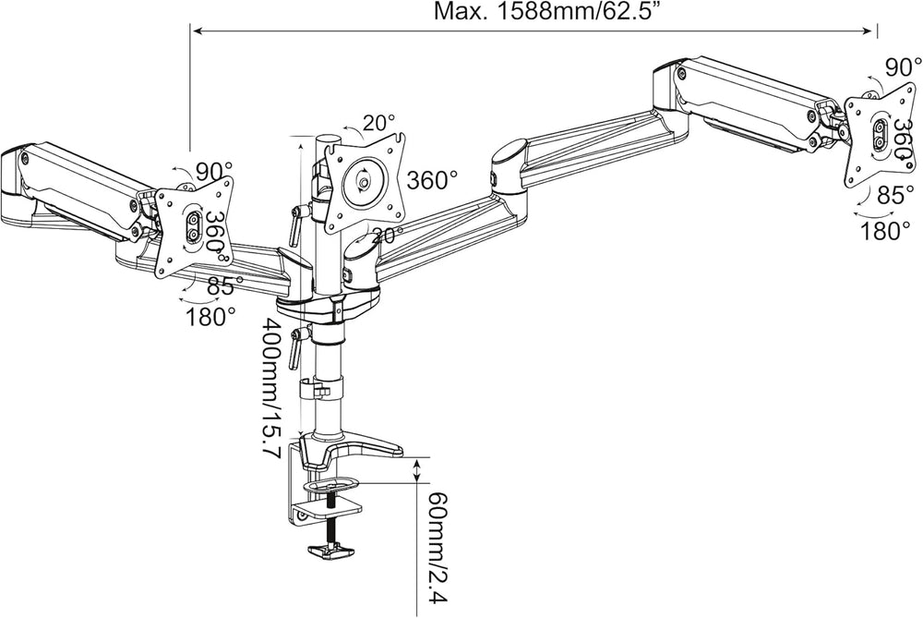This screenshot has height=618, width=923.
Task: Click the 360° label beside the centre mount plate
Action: click(x=432, y=180)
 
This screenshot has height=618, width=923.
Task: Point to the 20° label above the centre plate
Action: click(x=379, y=123)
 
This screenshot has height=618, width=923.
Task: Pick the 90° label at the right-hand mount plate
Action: click(x=904, y=67)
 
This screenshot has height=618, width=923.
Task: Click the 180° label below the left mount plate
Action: click(x=210, y=318)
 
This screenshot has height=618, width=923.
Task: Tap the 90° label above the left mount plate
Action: click(x=214, y=172)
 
